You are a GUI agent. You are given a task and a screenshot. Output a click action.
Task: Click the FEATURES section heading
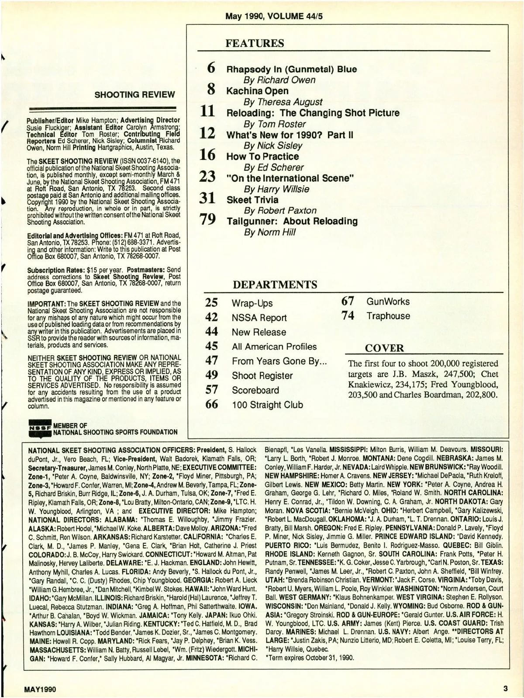255,43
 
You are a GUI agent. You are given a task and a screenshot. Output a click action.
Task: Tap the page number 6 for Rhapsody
211,68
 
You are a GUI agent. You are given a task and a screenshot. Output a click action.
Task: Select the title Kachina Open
257,91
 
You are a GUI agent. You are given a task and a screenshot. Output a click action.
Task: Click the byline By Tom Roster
275,124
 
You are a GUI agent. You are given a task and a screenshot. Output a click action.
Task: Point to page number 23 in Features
207,177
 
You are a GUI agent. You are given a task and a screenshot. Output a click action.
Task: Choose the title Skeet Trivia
252,200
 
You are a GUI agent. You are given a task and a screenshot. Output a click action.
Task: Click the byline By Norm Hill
269,232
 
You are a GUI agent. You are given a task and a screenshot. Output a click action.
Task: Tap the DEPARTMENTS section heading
275,285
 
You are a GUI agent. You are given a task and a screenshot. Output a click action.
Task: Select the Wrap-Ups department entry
252,303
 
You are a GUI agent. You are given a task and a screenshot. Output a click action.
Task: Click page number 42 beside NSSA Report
211,317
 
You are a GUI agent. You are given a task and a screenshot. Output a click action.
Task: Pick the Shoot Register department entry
262,375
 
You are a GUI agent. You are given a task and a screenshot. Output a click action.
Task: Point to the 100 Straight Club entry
267,405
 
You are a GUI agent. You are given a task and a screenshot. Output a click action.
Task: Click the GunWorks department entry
388,302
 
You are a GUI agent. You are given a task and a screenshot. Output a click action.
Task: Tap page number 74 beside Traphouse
348,316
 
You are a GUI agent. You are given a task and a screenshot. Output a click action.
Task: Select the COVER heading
384,348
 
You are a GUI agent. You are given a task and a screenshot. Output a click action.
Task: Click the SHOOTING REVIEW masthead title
134,94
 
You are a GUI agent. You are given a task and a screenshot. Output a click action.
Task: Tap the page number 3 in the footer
505,688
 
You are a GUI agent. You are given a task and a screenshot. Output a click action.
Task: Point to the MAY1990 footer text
40,689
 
